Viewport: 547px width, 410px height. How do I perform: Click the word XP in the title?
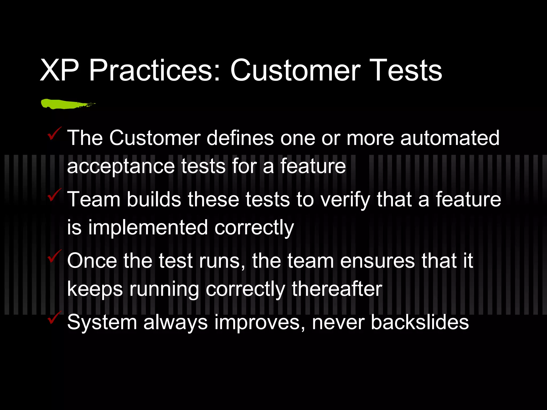pos(59,70)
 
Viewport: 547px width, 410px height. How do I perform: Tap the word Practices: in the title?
pos(155,70)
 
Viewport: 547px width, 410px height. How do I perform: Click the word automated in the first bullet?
pos(450,138)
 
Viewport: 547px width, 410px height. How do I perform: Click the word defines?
pos(240,138)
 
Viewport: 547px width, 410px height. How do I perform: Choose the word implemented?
pos(148,228)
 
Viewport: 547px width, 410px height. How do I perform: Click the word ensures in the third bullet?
pos(377,261)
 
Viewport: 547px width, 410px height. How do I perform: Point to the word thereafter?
pos(337,289)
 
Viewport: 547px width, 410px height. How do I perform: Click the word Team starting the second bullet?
pos(94,200)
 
